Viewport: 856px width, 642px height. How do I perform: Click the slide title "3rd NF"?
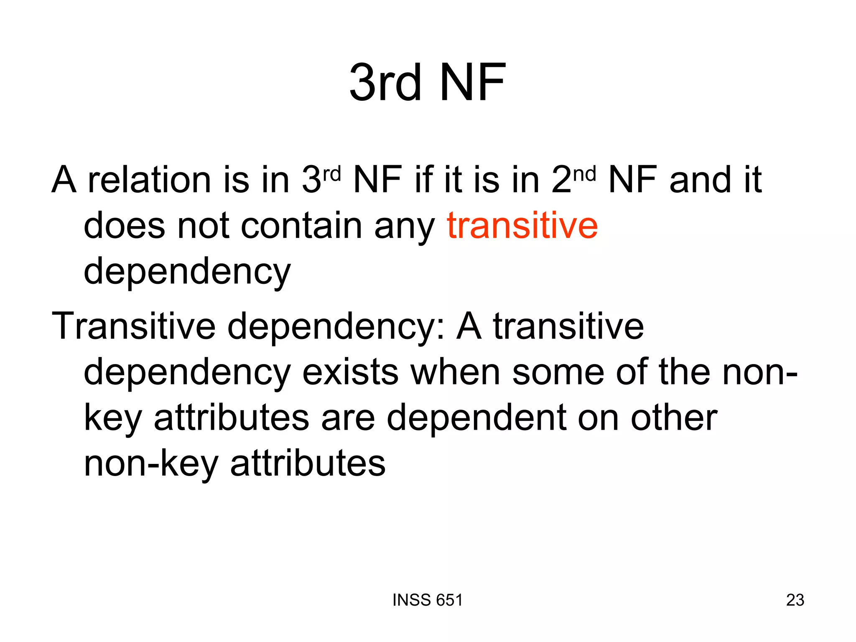(x=427, y=82)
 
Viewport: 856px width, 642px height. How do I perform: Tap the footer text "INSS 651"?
(x=428, y=600)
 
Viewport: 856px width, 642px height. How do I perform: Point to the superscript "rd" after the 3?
(x=332, y=173)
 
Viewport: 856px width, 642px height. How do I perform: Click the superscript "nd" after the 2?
(x=584, y=173)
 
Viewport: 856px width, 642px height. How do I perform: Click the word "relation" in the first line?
(x=149, y=180)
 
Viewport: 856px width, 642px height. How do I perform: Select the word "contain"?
(x=301, y=226)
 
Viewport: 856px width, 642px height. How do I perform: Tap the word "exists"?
(x=350, y=372)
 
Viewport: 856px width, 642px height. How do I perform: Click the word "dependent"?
(x=476, y=418)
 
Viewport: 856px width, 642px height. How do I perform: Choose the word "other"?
(x=674, y=418)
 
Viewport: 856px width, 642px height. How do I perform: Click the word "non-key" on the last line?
(x=151, y=464)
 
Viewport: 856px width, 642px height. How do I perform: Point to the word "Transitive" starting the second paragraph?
(x=133, y=326)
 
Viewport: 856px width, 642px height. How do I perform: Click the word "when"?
(x=455, y=372)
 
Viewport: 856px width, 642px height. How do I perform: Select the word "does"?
(x=125, y=226)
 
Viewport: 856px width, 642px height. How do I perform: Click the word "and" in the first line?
(x=700, y=180)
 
